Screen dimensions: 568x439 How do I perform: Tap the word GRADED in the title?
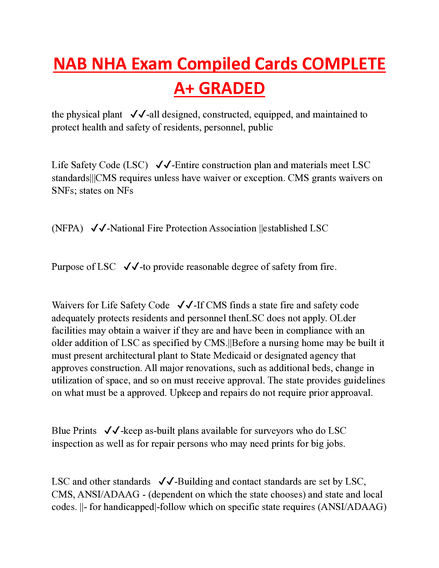click(232, 88)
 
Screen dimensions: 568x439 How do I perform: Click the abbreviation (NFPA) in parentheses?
click(67, 228)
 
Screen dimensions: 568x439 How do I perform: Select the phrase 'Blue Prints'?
click(74, 431)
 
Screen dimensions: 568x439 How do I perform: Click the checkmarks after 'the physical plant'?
click(138, 114)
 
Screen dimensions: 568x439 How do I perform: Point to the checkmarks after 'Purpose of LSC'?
click(131, 267)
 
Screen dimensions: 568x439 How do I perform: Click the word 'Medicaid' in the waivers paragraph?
click(232, 356)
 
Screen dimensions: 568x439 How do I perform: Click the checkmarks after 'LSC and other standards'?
click(166, 482)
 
